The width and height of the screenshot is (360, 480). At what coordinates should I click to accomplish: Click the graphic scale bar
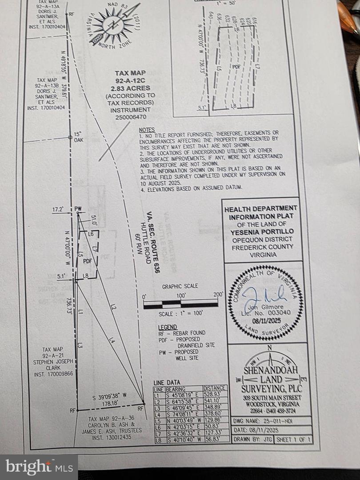click(x=180, y=304)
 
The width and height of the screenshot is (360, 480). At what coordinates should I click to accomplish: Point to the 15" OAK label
click(x=79, y=137)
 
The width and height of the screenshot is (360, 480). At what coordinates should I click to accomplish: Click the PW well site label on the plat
click(x=79, y=208)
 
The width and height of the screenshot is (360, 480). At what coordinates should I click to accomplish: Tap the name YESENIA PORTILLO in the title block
click(x=262, y=232)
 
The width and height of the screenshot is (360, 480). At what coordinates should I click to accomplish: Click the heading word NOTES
click(x=147, y=130)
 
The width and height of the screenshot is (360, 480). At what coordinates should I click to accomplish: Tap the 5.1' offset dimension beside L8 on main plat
click(x=62, y=276)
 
